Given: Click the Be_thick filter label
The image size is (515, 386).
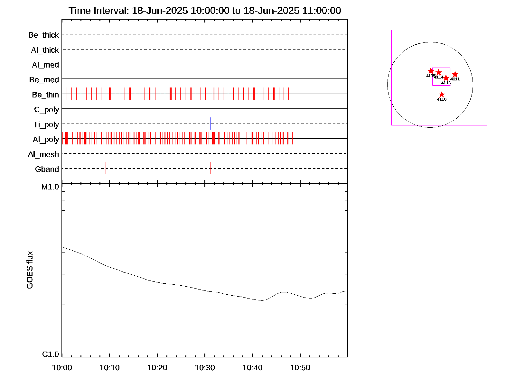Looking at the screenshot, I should pyautogui.click(x=44, y=35).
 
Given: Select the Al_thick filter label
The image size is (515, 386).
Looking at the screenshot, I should pyautogui.click(x=45, y=50).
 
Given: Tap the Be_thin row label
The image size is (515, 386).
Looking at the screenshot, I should pyautogui.click(x=45, y=95).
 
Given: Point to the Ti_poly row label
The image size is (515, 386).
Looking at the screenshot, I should pyautogui.click(x=46, y=125).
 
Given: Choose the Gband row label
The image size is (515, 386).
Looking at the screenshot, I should pyautogui.click(x=47, y=170).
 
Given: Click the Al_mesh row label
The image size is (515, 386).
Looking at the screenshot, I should pyautogui.click(x=43, y=155).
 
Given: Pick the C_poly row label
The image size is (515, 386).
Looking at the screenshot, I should pyautogui.click(x=47, y=110).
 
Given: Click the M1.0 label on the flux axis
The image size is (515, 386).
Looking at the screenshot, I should pyautogui.click(x=50, y=187).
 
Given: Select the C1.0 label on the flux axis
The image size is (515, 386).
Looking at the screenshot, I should pyautogui.click(x=51, y=354).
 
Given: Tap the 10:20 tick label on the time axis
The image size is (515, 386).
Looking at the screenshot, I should pyautogui.click(x=157, y=368).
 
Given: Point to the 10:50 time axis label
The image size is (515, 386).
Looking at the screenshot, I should pyautogui.click(x=300, y=368).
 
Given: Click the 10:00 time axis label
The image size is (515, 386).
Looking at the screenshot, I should pyautogui.click(x=62, y=368).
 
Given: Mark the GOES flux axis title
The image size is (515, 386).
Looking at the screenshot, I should pyautogui.click(x=30, y=270).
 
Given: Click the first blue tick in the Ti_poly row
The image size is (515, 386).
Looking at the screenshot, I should pyautogui.click(x=107, y=124).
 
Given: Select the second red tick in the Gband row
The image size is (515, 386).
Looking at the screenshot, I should pyautogui.click(x=210, y=168).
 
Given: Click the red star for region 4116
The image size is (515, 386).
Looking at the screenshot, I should pyautogui.click(x=442, y=95).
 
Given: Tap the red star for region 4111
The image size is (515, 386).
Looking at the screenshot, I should pyautogui.click(x=455, y=75).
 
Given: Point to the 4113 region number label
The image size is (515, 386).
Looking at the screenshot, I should pyautogui.click(x=446, y=83).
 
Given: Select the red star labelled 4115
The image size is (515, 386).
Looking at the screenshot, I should pyautogui.click(x=431, y=71).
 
